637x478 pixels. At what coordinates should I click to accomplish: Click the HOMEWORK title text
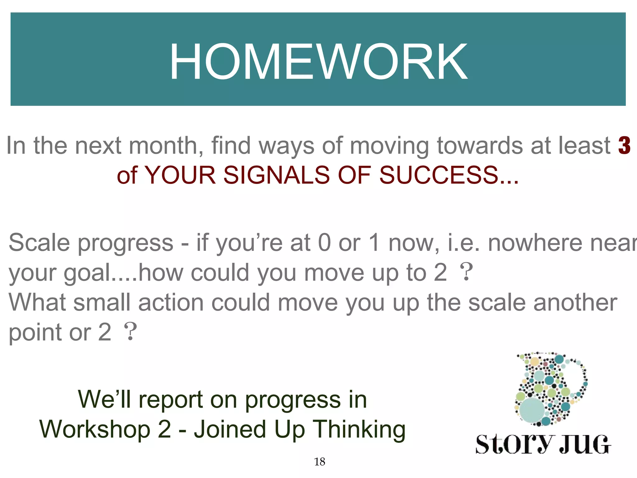(x=318, y=62)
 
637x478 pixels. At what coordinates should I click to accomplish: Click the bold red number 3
(x=624, y=145)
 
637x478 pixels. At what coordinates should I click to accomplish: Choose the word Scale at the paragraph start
(x=39, y=242)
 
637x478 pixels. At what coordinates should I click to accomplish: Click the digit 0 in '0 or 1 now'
(x=324, y=242)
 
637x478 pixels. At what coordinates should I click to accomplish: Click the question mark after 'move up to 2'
(x=466, y=272)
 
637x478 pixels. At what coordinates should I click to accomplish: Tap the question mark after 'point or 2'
(x=130, y=332)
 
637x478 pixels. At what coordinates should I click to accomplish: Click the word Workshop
(x=95, y=429)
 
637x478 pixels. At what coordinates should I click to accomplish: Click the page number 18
(x=319, y=462)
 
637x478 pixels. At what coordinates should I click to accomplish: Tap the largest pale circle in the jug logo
(x=532, y=410)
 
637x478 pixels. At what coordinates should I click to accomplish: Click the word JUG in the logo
(x=585, y=444)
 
